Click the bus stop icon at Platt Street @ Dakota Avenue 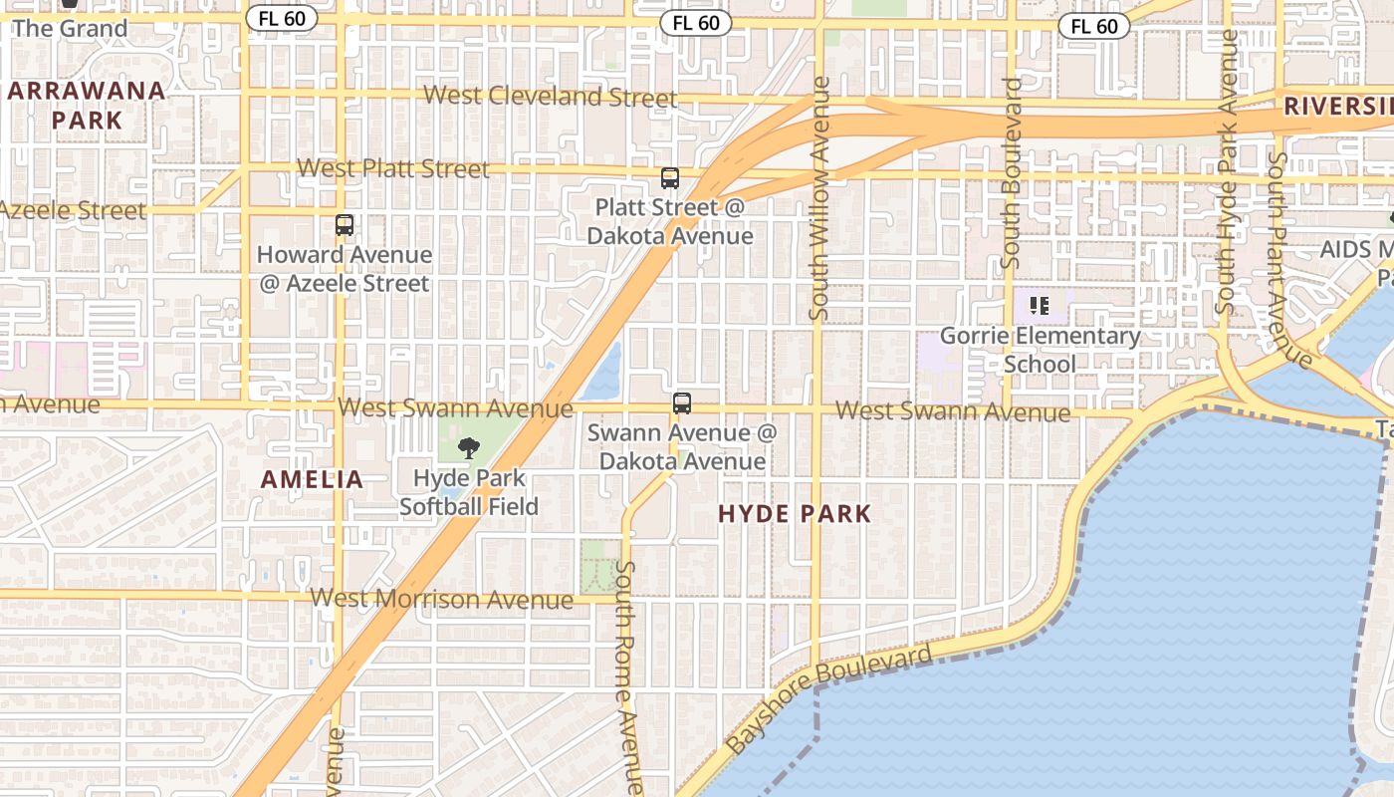click(x=670, y=178)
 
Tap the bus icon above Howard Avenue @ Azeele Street click(x=345, y=225)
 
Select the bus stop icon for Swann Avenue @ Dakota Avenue click(x=682, y=403)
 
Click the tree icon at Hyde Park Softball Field click(x=468, y=448)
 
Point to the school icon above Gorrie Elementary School click(x=1040, y=306)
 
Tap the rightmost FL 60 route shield click(x=1094, y=26)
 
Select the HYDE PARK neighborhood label click(x=795, y=514)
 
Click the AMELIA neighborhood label click(x=313, y=479)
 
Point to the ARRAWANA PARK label click(x=87, y=106)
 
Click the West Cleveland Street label click(x=551, y=97)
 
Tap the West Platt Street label click(x=393, y=168)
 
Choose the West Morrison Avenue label click(x=441, y=599)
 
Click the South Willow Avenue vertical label click(x=819, y=198)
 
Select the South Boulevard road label click(x=1012, y=173)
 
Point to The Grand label click(x=70, y=28)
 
